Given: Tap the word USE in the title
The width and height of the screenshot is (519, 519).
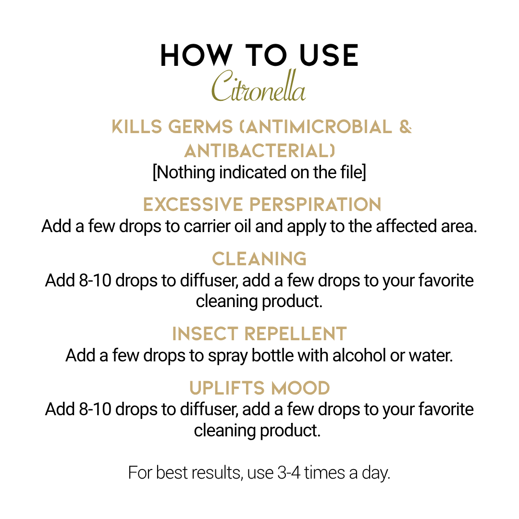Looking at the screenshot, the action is point(329,55).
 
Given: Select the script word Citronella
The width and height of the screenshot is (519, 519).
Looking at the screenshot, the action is point(259,86).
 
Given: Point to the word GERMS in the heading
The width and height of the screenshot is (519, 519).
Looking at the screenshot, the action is point(200,127).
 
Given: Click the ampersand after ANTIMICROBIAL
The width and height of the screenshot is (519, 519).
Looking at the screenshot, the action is point(406,127).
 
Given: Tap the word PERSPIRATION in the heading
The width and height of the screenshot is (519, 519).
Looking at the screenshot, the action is point(315,204).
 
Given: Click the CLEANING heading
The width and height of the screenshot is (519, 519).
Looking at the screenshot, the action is point(259,259).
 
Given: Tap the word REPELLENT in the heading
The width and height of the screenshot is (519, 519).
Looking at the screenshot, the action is point(295,334).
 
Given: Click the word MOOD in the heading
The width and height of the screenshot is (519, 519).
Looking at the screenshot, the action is point(300,388).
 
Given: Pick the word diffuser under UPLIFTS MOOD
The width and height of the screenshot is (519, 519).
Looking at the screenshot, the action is point(209,409).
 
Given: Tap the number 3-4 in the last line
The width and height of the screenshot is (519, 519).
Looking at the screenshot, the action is point(289,473).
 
